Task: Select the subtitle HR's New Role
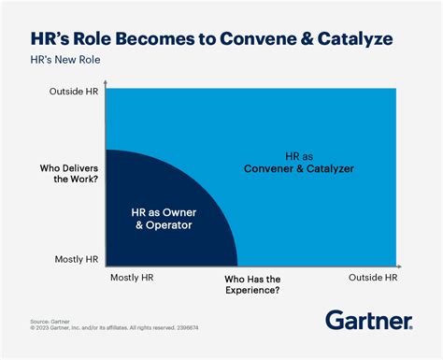coord(64,59)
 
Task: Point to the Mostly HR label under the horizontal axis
coord(132,278)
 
